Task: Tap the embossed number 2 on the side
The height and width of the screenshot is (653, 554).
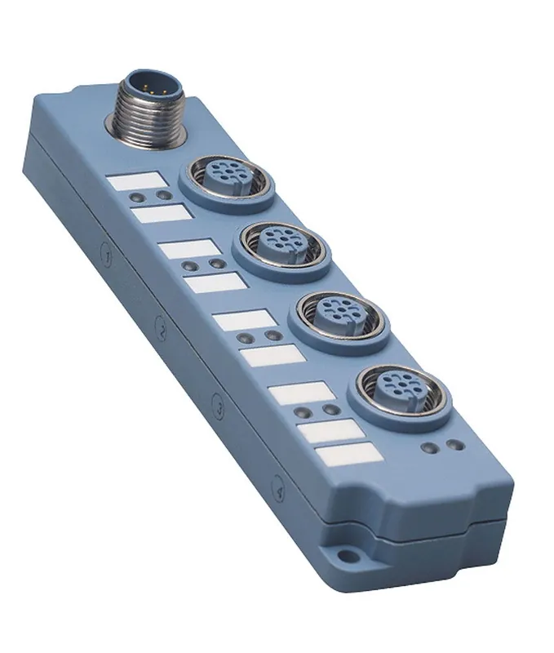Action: click(163, 329)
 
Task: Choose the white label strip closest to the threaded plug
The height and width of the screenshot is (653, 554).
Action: click(137, 180)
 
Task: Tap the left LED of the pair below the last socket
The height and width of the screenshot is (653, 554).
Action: click(428, 448)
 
